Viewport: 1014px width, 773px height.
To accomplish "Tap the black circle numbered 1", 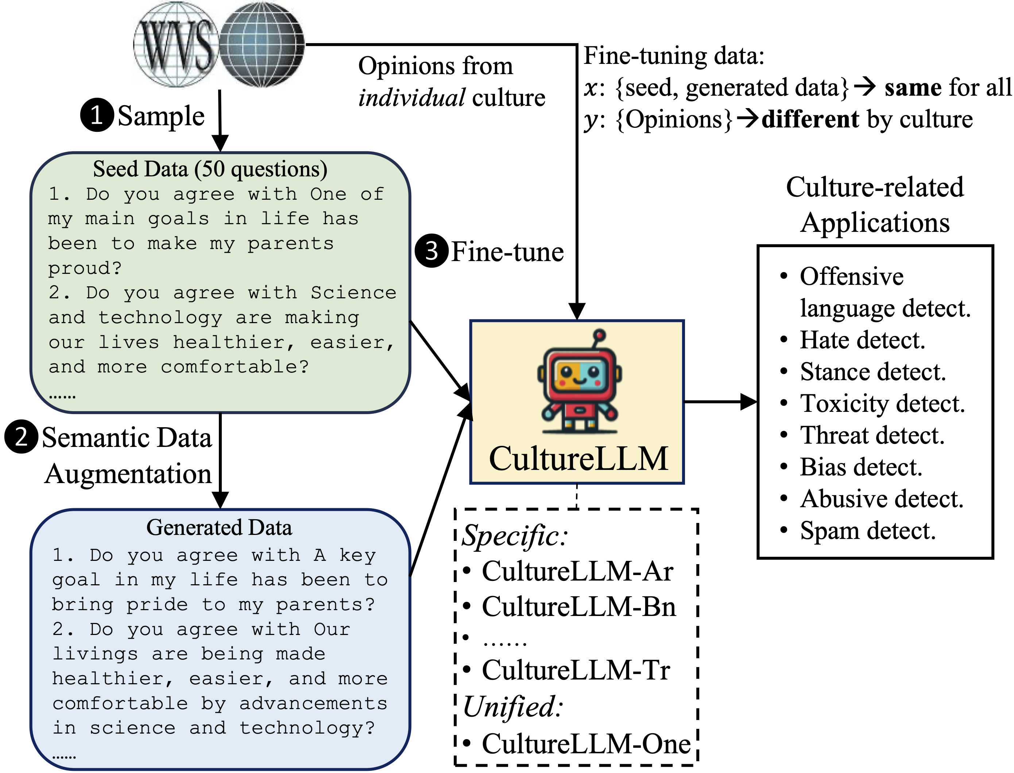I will (x=97, y=115).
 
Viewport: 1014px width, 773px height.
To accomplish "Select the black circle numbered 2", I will (x=21, y=437).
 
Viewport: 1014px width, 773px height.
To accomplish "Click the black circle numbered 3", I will (x=431, y=251).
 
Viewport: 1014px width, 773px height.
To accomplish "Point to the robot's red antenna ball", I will (x=599, y=335).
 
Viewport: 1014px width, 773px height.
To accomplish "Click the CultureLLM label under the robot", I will (x=578, y=458).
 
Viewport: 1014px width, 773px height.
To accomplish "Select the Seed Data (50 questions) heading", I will (x=210, y=169).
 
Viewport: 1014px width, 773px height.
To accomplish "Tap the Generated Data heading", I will (x=219, y=527).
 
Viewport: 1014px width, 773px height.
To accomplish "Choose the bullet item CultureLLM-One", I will (x=585, y=744).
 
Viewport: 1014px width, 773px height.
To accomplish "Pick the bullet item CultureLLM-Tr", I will (x=576, y=670).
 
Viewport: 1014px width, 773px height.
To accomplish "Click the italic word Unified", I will (x=512, y=707).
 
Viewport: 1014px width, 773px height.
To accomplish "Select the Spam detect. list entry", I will (x=867, y=531).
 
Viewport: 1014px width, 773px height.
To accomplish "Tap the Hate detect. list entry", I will (x=862, y=340).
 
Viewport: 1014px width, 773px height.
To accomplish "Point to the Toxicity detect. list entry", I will (x=882, y=403).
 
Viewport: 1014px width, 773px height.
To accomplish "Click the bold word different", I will (x=810, y=119).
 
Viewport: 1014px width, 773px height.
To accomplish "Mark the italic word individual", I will (x=411, y=97).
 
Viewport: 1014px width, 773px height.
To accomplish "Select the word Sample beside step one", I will (x=161, y=116).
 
